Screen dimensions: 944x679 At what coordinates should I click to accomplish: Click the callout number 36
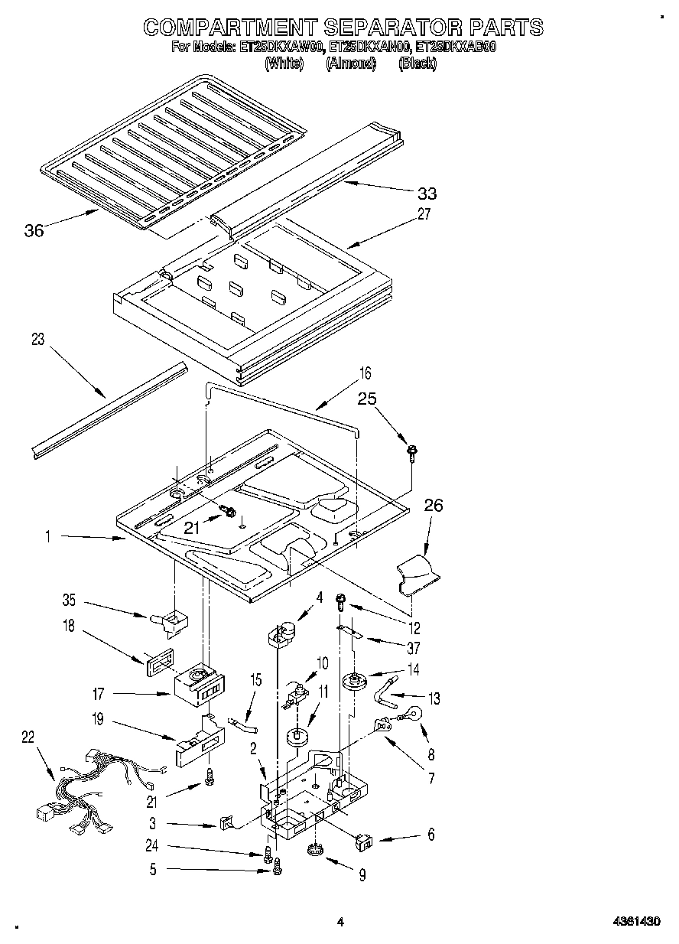click(34, 229)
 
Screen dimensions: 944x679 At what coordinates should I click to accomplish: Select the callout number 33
click(427, 193)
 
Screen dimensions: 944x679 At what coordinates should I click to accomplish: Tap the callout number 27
click(423, 214)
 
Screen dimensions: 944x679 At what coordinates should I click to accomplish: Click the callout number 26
click(433, 506)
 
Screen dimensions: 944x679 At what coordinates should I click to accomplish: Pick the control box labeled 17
click(197, 686)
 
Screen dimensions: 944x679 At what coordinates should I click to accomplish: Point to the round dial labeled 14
click(354, 680)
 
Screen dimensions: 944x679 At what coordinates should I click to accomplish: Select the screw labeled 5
click(278, 866)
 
